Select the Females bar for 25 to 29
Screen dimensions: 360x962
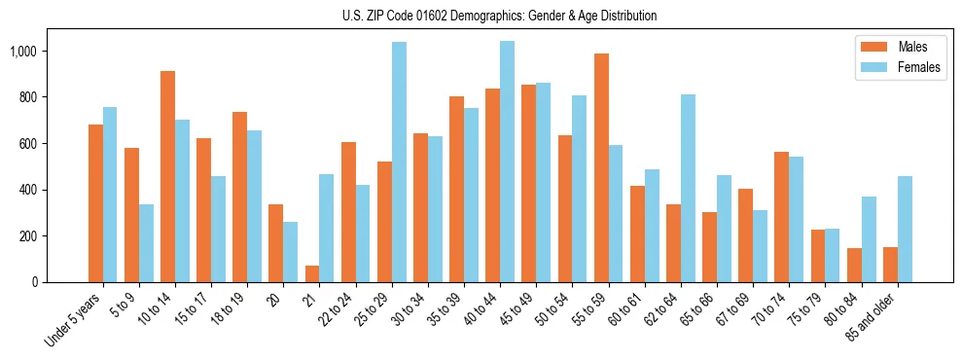click(399, 162)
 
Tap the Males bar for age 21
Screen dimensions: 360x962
click(312, 273)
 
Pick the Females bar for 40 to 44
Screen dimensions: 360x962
click(507, 162)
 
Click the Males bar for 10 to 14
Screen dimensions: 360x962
click(168, 176)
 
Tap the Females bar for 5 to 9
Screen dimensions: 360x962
click(146, 243)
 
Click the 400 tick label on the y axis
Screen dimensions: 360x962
click(28, 190)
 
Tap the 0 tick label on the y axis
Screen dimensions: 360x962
click(34, 282)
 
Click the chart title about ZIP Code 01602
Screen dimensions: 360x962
click(499, 16)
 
